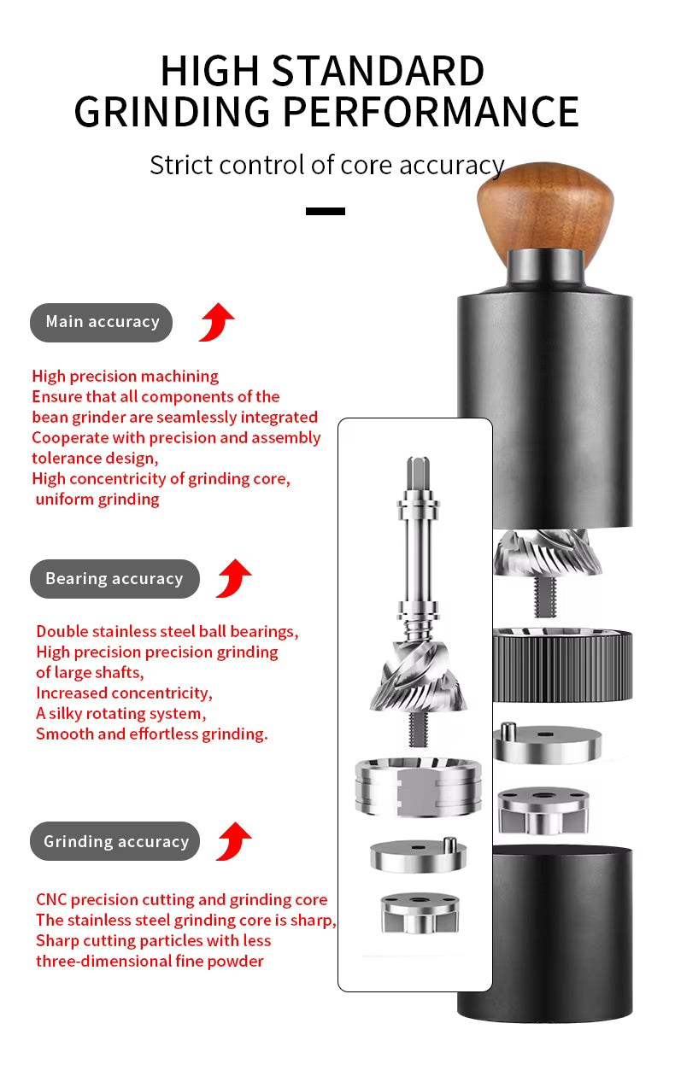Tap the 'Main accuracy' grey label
(102, 322)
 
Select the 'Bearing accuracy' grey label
(114, 579)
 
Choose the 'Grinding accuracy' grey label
(115, 841)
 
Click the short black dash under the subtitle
(326, 211)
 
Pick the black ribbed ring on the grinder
(562, 664)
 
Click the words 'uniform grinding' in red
(97, 500)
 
